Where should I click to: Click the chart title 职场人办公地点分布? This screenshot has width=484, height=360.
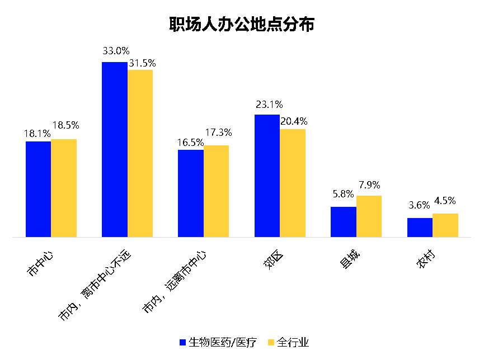tap(242, 25)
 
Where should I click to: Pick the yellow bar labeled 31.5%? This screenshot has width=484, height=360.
tap(140, 153)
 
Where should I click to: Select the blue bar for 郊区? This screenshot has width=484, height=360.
tap(267, 176)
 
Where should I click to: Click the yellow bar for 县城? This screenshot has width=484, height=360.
tap(369, 216)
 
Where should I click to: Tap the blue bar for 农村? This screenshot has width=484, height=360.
tap(420, 228)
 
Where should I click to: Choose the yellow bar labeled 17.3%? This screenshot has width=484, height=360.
tap(216, 191)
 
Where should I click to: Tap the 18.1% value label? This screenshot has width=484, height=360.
tap(37, 133)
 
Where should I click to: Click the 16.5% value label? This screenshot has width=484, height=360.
tap(190, 142)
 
